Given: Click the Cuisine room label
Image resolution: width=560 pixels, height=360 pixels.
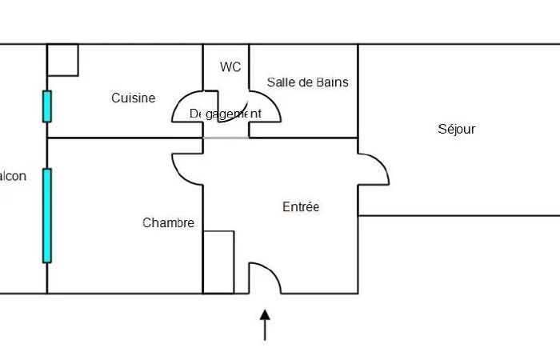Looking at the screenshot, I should (x=133, y=98).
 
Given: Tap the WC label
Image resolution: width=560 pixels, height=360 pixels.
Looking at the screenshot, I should (x=230, y=67).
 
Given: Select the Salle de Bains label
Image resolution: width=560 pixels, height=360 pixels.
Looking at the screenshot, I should (x=308, y=82).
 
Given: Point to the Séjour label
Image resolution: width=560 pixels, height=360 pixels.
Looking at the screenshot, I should (x=457, y=129).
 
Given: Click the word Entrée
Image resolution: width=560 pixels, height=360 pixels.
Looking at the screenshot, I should (x=301, y=207).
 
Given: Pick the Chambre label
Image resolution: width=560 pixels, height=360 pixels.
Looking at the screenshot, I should (x=168, y=223).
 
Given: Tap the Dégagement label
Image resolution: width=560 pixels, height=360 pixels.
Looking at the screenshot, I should (x=225, y=114).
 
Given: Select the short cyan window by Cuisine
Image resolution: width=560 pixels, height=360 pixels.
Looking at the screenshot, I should (x=47, y=106).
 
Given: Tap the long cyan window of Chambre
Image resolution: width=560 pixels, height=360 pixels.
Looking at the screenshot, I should (x=47, y=215).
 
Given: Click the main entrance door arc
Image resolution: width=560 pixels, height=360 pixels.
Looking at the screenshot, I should (x=266, y=276).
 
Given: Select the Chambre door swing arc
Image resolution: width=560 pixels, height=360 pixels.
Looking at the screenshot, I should (x=186, y=166).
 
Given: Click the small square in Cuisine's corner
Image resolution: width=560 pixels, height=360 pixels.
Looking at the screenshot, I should (x=62, y=60).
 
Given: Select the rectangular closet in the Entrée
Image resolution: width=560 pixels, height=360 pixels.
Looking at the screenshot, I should (x=218, y=262).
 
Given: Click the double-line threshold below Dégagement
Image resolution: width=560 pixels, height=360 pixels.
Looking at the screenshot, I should (x=226, y=138).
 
